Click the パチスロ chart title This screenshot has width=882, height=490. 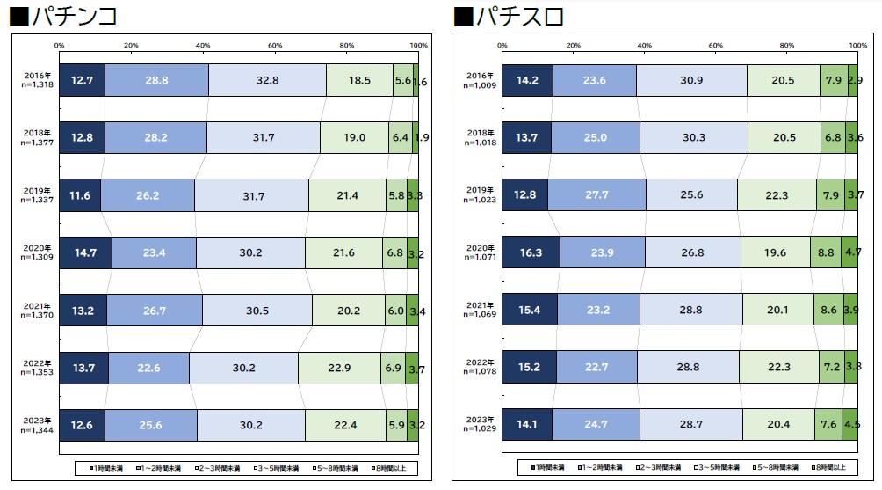pos(510,15)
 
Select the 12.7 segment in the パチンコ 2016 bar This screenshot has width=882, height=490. pos(82,80)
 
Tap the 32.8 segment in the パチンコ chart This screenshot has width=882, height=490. pos(267,80)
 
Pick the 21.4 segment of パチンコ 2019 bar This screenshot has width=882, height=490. pos(347,195)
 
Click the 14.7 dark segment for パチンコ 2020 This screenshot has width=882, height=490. pos(85,252)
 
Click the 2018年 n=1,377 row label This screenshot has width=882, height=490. pos(39,137)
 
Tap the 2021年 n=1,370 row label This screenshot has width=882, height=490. pos(39,310)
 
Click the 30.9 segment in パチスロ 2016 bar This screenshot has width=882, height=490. pos(691,80)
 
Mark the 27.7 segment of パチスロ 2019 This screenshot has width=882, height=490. pos(596,195)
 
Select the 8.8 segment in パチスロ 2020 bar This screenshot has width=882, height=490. pos(826,252)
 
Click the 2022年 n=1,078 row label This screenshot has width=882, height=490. pos(482,367)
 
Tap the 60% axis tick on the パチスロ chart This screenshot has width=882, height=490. pos(716,45)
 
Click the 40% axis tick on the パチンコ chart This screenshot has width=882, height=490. pos(203,45)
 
